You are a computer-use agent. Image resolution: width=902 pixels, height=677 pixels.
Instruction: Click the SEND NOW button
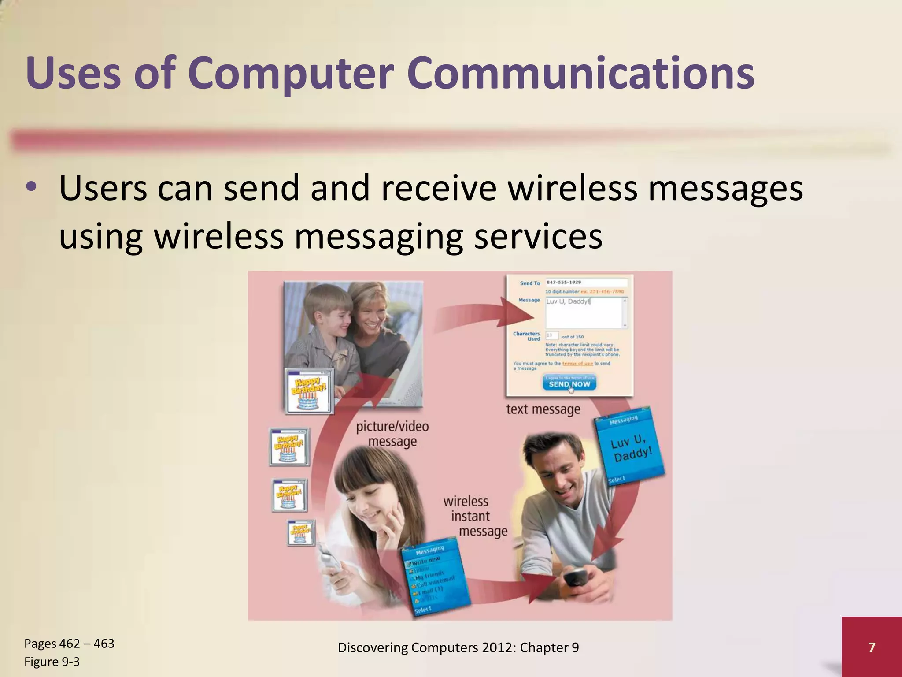pos(569,384)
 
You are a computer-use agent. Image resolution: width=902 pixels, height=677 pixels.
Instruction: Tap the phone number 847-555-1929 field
pos(586,283)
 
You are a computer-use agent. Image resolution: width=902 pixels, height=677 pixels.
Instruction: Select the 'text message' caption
pos(543,409)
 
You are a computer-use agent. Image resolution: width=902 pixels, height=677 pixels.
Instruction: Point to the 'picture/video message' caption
pos(392,434)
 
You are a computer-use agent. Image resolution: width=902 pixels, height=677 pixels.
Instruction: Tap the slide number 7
pos(871,647)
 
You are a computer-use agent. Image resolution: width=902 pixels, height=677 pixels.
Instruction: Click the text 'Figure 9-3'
pos(52,662)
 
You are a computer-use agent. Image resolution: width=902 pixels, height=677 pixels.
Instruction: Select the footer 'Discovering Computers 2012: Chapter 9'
pos(458,647)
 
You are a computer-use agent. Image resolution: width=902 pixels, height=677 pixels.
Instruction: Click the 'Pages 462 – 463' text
pos(69,644)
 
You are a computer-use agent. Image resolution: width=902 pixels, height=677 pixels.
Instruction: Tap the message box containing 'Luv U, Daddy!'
pos(585,312)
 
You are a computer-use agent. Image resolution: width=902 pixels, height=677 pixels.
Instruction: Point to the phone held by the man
pos(575,577)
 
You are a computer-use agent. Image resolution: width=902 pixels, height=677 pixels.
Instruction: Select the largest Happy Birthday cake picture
pos(309,391)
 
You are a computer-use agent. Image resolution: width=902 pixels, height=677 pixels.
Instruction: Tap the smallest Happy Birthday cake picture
pos(301,533)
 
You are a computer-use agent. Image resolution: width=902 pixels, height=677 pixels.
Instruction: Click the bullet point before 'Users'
pos(31,188)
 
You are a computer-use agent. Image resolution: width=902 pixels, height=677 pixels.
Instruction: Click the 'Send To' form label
pos(529,283)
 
